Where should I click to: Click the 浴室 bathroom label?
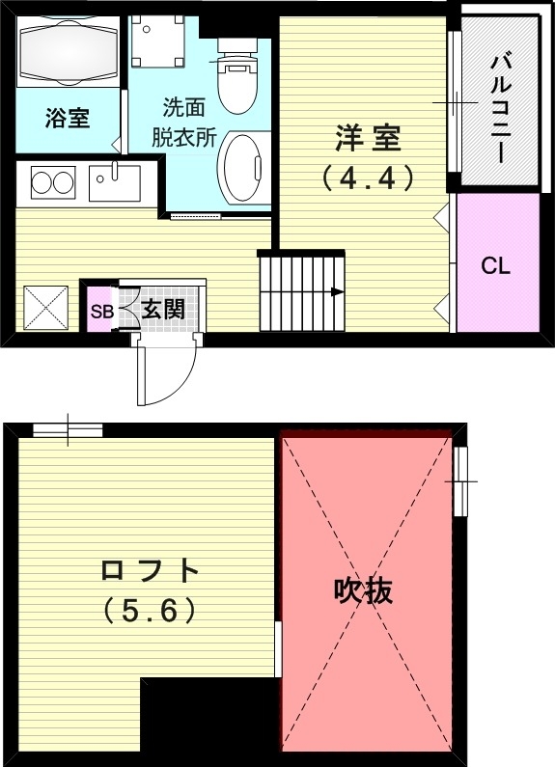click(68, 118)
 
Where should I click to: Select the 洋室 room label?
click(368, 140)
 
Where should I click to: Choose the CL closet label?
click(495, 266)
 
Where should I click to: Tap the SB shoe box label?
click(101, 312)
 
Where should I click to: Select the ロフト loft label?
click(150, 571)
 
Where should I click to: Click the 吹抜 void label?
click(364, 590)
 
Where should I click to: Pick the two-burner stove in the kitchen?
click(52, 181)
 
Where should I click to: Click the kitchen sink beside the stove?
click(114, 181)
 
